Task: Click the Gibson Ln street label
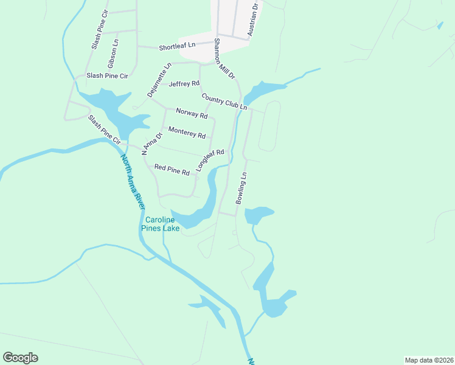(x=113, y=53)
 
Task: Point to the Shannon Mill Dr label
(x=224, y=58)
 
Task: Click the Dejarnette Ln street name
(x=159, y=80)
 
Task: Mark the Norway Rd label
(x=192, y=113)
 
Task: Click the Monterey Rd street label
(x=187, y=131)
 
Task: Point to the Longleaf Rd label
(x=210, y=159)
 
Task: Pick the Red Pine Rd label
(x=172, y=170)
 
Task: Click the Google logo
(x=20, y=358)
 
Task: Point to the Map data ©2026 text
(x=429, y=360)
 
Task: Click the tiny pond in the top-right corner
(x=440, y=26)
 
